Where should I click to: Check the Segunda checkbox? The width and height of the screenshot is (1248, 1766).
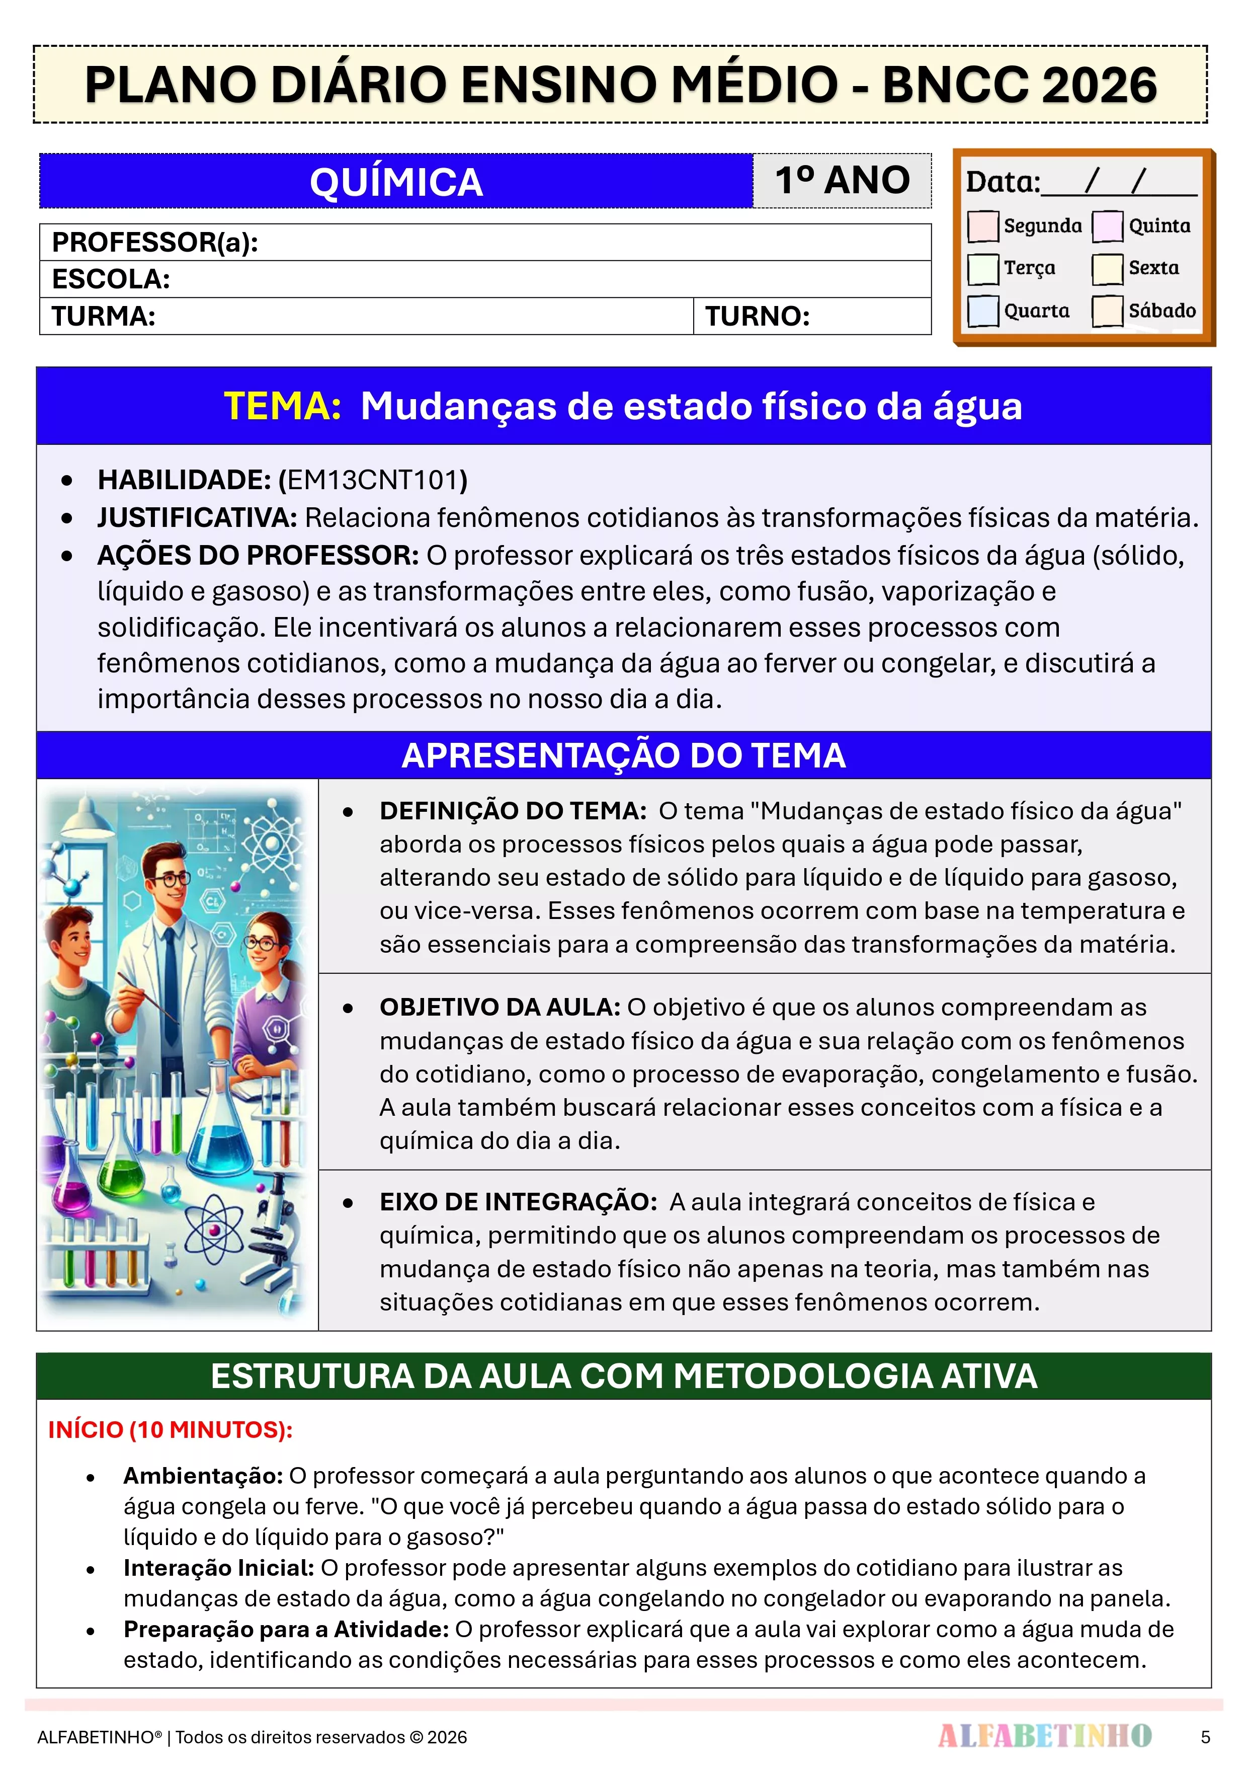(983, 226)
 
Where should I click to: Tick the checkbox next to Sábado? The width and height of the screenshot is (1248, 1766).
(1107, 311)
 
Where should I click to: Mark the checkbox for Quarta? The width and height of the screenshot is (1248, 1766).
(983, 311)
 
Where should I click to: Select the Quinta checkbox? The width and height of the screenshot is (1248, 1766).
(1107, 226)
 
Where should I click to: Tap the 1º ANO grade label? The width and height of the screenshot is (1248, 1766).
(842, 181)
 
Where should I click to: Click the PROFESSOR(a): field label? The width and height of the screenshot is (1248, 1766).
(154, 242)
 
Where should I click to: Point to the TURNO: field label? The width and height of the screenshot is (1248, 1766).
(758, 316)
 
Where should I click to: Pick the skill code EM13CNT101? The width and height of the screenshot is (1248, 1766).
(373, 480)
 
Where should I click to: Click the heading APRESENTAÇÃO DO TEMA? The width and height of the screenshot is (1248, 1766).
(624, 755)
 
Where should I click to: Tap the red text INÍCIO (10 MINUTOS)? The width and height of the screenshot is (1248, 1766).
(170, 1430)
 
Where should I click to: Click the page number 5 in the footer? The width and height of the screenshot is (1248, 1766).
(1205, 1737)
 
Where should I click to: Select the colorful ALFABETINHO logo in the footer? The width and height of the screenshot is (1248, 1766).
(1044, 1735)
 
